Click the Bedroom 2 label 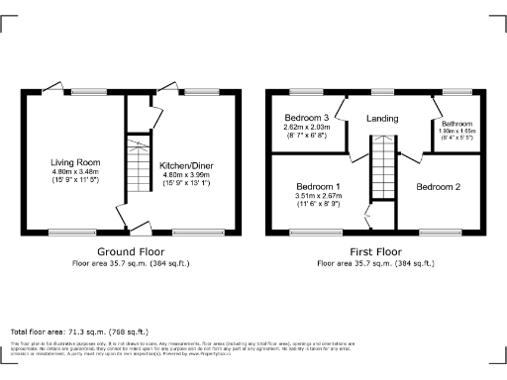(439, 186)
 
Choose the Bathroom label (456, 124)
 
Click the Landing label (382, 119)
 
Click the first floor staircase (382, 174)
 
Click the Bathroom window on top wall (456, 93)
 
